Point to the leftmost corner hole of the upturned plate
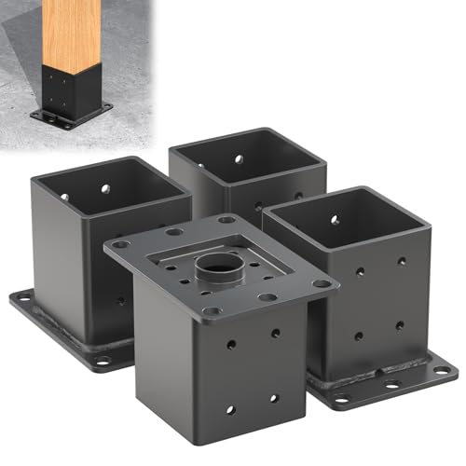click(x=119, y=244)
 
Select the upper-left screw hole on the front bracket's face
click(x=230, y=344)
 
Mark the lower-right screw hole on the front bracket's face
click(x=273, y=398)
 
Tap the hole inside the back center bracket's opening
click(x=239, y=160)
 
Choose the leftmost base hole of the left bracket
click(x=21, y=300)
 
